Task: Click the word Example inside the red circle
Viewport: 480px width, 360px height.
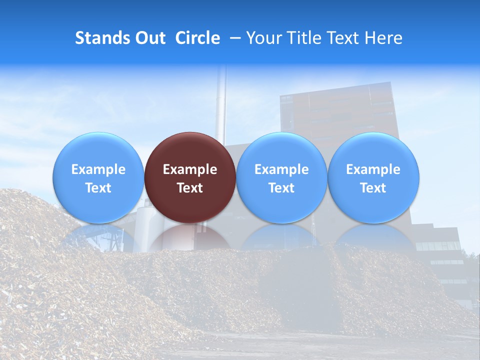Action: tap(190, 169)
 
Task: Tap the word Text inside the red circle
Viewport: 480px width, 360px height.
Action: tap(190, 188)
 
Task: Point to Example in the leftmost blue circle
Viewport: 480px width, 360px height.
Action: tap(98, 169)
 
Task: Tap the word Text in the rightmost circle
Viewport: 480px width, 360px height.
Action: tap(373, 188)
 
